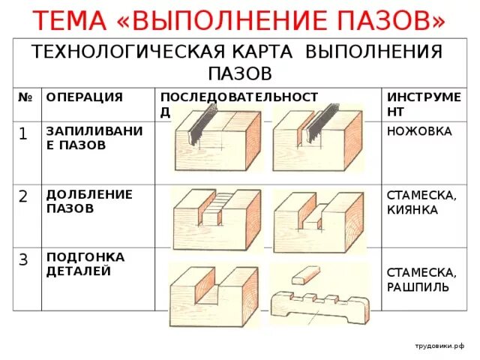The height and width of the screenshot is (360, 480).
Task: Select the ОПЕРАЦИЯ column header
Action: (x=84, y=97)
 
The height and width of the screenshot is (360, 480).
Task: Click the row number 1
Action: (x=23, y=134)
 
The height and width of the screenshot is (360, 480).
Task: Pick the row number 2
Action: (x=23, y=197)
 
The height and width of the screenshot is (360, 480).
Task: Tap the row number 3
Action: (x=23, y=259)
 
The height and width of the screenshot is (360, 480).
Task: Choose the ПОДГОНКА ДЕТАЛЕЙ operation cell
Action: (x=85, y=263)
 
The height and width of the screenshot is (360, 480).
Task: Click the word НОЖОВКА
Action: (x=419, y=131)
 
